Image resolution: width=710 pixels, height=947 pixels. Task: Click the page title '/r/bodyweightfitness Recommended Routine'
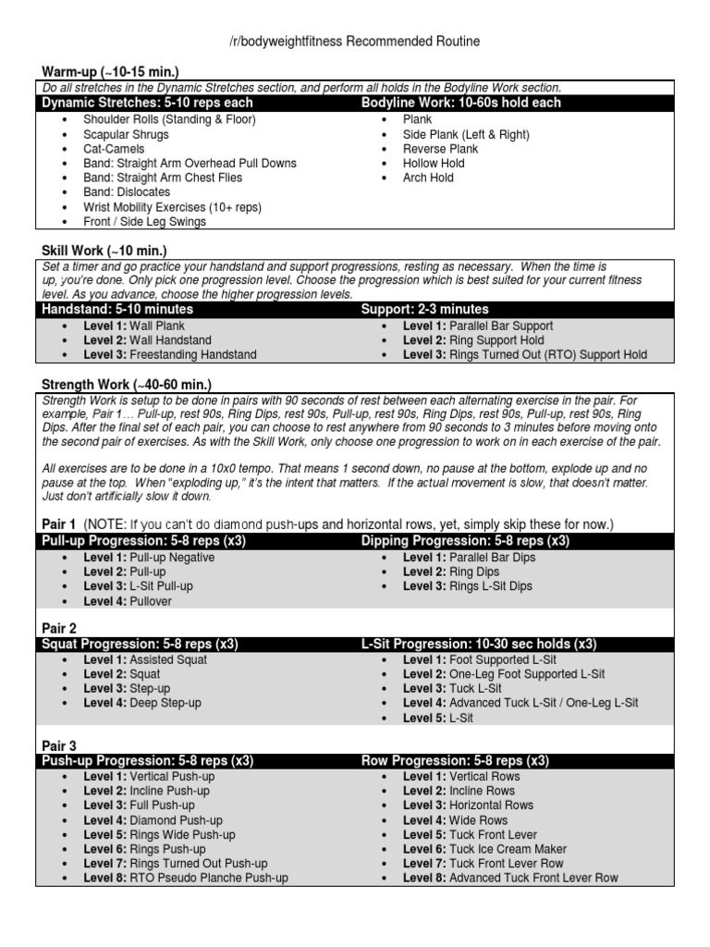point(354,42)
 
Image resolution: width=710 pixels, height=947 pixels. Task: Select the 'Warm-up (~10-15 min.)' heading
point(110,72)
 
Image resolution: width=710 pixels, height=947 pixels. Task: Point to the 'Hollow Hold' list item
point(434,164)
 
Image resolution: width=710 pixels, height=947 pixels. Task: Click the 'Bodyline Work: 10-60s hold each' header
point(460,103)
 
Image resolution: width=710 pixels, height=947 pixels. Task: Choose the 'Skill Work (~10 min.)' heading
point(104,251)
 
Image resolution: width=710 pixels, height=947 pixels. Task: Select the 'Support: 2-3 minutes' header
point(424,309)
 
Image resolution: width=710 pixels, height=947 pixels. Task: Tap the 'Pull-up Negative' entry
point(172,558)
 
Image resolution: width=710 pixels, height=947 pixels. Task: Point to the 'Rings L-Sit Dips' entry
point(490,586)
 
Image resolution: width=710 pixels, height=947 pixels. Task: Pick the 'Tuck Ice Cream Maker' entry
point(508,849)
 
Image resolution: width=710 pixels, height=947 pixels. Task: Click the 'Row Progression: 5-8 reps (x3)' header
point(455,761)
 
